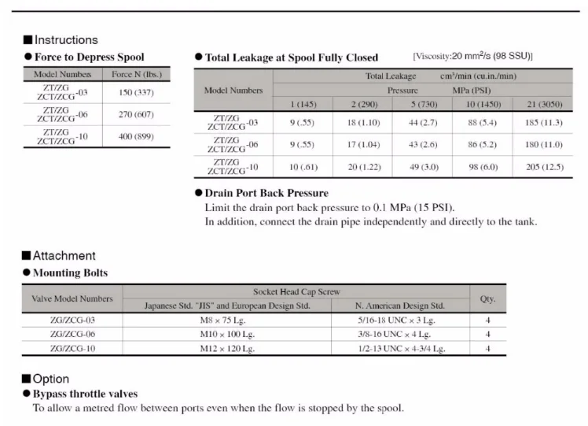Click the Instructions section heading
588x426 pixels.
pyautogui.click(x=66, y=39)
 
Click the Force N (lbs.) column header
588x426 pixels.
pyautogui.click(x=137, y=73)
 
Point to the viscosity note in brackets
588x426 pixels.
pyautogui.click(x=472, y=56)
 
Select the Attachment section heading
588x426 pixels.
pyautogui.click(x=64, y=255)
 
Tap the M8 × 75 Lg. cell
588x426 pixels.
pyautogui.click(x=227, y=320)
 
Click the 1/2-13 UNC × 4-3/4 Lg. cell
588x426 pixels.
pyautogui.click(x=400, y=348)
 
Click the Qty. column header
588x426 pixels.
pyautogui.click(x=487, y=298)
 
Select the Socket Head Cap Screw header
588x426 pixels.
pyautogui.click(x=296, y=291)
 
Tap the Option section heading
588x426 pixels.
pyautogui.click(x=51, y=379)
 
